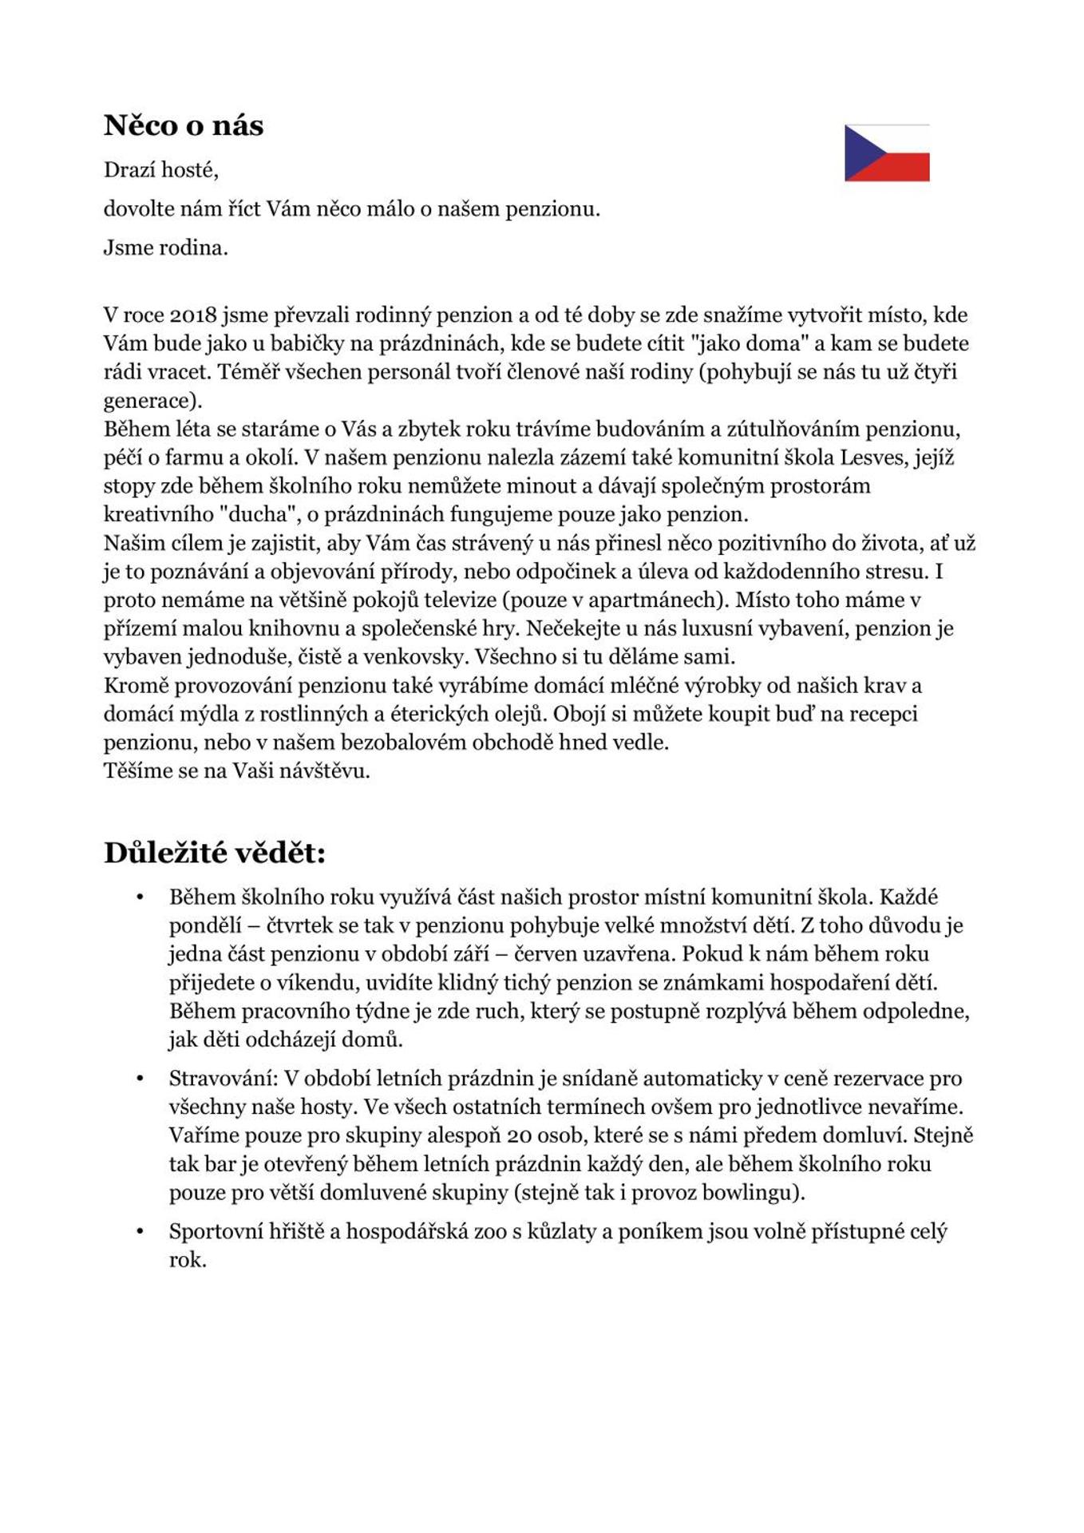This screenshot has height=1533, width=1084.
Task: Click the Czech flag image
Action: click(887, 153)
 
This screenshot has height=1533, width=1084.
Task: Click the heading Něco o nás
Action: click(184, 125)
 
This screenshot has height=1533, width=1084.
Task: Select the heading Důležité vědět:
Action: click(215, 853)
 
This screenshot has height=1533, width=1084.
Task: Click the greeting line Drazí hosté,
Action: click(161, 170)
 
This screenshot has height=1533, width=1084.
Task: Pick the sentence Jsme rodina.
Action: click(166, 248)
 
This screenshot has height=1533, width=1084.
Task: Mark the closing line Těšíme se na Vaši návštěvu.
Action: click(237, 770)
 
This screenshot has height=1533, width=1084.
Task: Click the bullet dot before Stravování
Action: click(140, 1079)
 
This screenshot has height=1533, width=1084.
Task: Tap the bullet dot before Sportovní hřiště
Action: click(140, 1232)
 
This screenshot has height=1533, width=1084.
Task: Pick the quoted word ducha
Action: click(252, 514)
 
